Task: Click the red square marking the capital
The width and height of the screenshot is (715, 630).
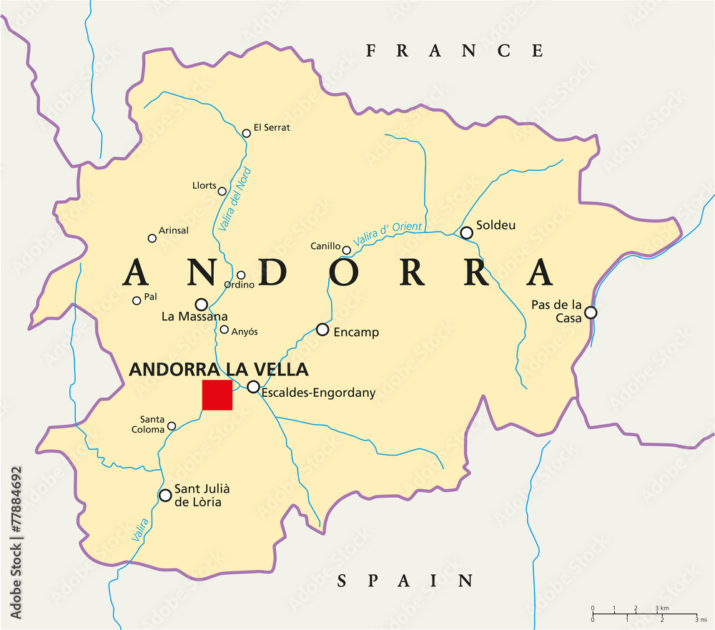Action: point(217,395)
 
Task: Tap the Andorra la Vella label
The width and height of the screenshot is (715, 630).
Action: point(218,370)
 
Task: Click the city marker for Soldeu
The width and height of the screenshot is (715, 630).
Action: point(466,232)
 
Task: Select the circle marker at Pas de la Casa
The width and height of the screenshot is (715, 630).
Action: point(591,312)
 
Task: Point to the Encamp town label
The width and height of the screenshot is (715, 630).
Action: point(356,333)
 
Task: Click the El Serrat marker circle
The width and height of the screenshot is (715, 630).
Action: point(247,132)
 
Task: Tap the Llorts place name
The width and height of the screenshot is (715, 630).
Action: point(204,186)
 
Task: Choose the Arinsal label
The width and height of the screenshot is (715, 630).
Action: point(174,230)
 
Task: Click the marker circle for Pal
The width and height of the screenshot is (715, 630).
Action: point(137,300)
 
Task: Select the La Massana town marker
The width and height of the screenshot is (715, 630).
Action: point(202,304)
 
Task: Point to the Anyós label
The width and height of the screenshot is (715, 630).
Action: point(245,331)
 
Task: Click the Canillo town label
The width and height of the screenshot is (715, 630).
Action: point(325,246)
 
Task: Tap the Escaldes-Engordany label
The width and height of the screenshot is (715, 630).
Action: point(318,393)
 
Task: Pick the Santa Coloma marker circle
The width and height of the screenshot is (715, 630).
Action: point(172,426)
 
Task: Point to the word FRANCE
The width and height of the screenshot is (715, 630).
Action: point(455,51)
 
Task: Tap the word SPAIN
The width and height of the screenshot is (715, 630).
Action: point(405,581)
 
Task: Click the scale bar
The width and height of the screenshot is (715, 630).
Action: point(643,614)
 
